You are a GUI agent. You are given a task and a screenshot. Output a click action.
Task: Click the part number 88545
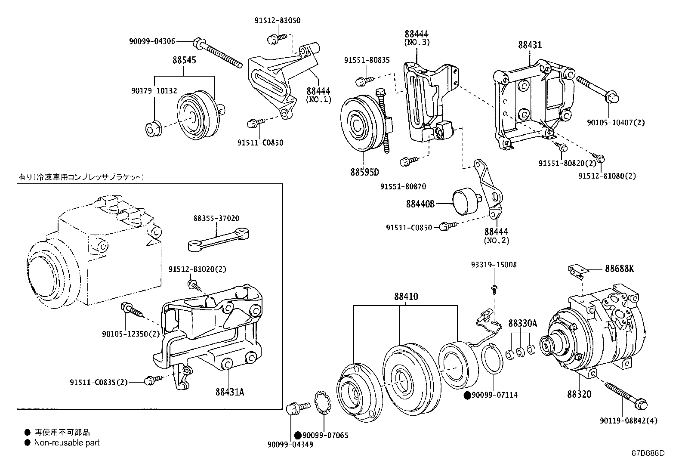(x=184, y=60)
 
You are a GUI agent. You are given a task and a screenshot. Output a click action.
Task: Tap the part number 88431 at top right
(x=530, y=45)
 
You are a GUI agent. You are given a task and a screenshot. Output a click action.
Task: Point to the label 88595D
(x=364, y=173)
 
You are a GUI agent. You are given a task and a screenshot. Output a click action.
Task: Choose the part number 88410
(x=406, y=297)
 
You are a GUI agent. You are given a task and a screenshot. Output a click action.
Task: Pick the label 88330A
(x=523, y=323)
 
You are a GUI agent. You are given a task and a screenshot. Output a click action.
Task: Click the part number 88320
(x=579, y=394)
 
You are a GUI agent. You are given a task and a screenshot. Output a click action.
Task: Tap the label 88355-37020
(x=216, y=219)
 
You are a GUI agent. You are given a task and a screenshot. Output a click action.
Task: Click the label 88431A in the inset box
(x=230, y=392)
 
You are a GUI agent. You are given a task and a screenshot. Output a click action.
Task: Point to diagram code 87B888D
(x=648, y=453)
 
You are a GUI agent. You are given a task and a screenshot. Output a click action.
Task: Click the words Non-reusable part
(x=67, y=442)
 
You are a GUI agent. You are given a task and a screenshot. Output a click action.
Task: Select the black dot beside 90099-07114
(x=467, y=395)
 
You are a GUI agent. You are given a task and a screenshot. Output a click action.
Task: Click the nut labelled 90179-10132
(x=152, y=129)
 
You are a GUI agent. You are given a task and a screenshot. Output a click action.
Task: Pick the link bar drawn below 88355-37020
(x=219, y=239)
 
